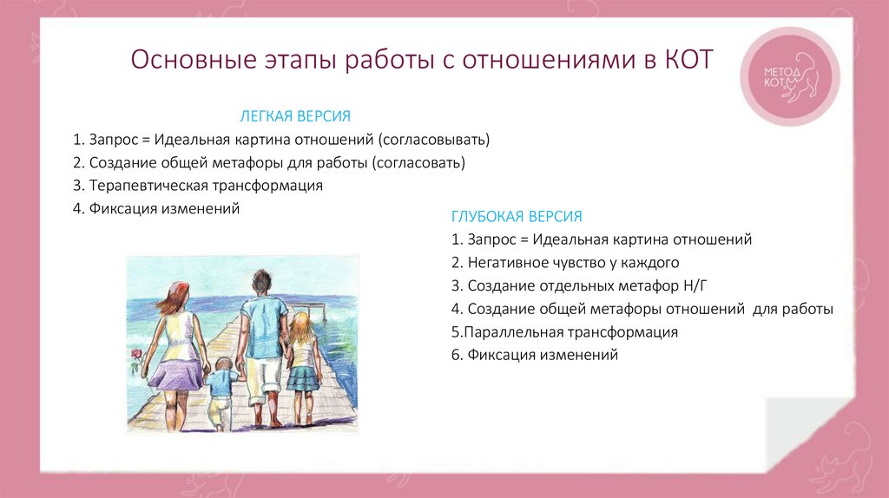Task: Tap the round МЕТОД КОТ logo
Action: [793, 76]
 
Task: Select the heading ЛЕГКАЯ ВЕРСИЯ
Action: [295, 116]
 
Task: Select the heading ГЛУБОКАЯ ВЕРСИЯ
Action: [517, 216]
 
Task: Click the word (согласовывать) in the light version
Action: [434, 139]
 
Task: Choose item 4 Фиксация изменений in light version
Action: [155, 209]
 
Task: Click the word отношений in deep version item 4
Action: [705, 308]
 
